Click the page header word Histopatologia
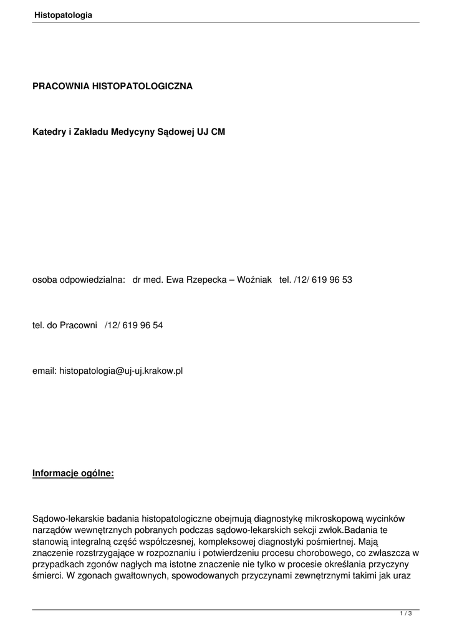tap(63, 15)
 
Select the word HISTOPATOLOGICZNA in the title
tap(143, 86)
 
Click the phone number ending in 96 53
tap(322, 280)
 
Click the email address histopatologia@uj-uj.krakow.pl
tap(121, 371)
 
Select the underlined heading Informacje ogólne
tap(73, 473)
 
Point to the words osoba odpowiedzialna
tap(79, 280)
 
